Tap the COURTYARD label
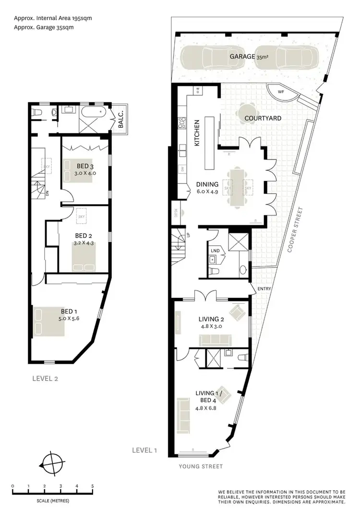tap(263, 118)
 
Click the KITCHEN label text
tap(196, 133)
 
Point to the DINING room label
tap(207, 184)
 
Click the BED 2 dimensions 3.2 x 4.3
tap(84, 243)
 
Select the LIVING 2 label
tap(212, 318)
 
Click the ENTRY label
tap(264, 289)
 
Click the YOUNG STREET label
tap(201, 466)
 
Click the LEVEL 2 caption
tap(45, 378)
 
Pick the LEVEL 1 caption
tap(144, 450)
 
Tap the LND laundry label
tap(215, 251)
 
